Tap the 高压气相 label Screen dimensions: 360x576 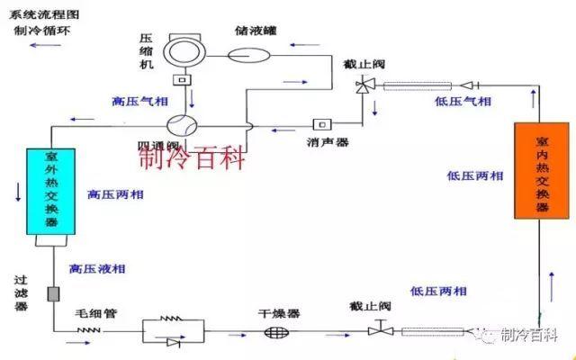pyautogui.click(x=132, y=100)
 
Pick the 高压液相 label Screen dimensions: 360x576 pyautogui.click(x=96, y=269)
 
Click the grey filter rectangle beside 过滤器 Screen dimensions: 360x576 pyautogui.click(x=52, y=293)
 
